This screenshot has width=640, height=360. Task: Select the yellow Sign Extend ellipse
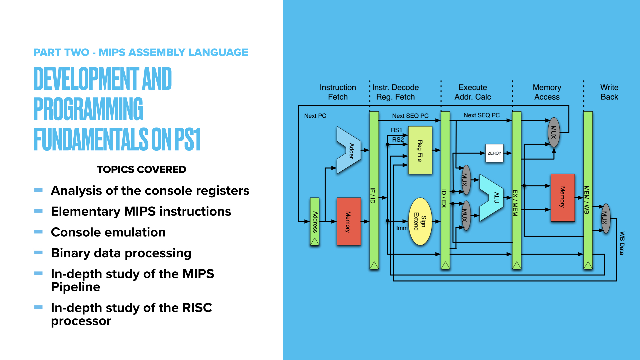point(420,221)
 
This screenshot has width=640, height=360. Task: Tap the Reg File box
point(420,150)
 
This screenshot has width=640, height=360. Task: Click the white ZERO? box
point(494,153)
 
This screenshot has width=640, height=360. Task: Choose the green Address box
point(315,221)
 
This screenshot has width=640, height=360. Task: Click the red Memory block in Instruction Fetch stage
point(349,221)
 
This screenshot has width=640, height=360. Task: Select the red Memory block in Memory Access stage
point(563,197)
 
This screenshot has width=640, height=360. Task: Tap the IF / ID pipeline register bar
point(374,190)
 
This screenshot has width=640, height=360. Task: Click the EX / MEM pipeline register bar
point(516,190)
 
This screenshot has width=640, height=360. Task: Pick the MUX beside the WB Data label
point(606,218)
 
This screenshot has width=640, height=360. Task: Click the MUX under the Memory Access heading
point(554,132)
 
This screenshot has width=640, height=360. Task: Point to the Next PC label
point(315,116)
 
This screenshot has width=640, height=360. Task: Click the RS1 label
point(396,130)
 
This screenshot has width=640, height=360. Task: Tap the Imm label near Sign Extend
point(402,228)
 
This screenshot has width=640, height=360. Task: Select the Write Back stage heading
point(609,92)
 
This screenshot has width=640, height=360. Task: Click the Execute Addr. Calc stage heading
point(473,92)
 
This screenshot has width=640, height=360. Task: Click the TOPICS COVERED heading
point(141,169)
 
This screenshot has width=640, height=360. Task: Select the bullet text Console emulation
point(108,232)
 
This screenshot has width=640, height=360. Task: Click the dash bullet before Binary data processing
point(38,252)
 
